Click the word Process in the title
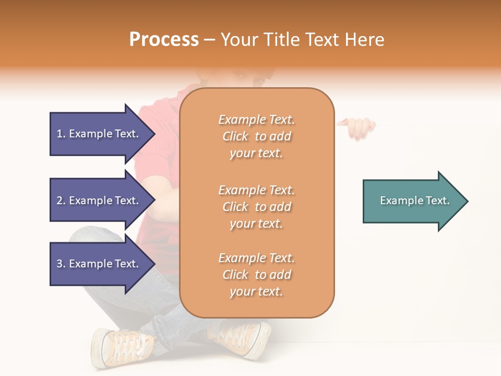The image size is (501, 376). coord(164,40)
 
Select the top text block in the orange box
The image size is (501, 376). coord(256,136)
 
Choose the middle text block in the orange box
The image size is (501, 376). coord(256,207)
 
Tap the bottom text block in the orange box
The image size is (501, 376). coord(256,275)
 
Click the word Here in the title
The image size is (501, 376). coord(364,40)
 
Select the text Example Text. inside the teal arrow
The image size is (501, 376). coord(415,201)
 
